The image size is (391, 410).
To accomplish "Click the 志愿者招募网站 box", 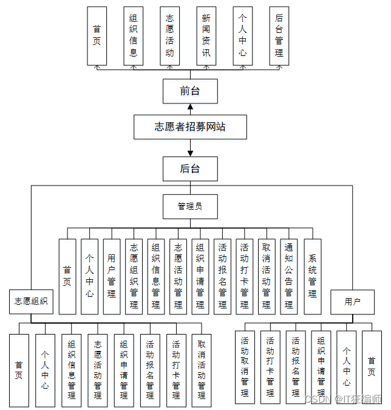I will (x=190, y=128).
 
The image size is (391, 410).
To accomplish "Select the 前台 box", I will (x=190, y=92).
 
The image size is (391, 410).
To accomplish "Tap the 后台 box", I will (x=190, y=169).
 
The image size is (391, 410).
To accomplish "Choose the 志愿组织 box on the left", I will (x=31, y=302).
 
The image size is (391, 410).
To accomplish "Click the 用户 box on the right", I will (x=352, y=302).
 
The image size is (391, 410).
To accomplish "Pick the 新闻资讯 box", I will (x=206, y=36).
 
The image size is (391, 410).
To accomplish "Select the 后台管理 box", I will (x=279, y=36).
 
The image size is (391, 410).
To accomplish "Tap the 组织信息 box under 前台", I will (x=134, y=36).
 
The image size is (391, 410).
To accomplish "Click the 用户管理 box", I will (x=111, y=276).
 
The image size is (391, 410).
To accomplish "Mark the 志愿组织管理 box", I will (x=134, y=276).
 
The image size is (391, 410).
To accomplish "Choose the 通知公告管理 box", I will (x=289, y=276).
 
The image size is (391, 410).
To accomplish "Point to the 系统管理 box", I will (x=312, y=276).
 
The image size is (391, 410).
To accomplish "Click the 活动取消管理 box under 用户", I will (x=245, y=367).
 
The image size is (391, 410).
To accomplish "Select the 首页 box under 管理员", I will (x=67, y=276).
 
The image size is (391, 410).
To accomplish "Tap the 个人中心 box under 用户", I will (x=346, y=367).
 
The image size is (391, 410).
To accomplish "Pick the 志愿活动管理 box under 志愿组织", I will (x=97, y=369).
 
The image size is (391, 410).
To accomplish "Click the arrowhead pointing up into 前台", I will (x=190, y=107).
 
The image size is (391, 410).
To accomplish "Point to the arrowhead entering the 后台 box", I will (x=190, y=153).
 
